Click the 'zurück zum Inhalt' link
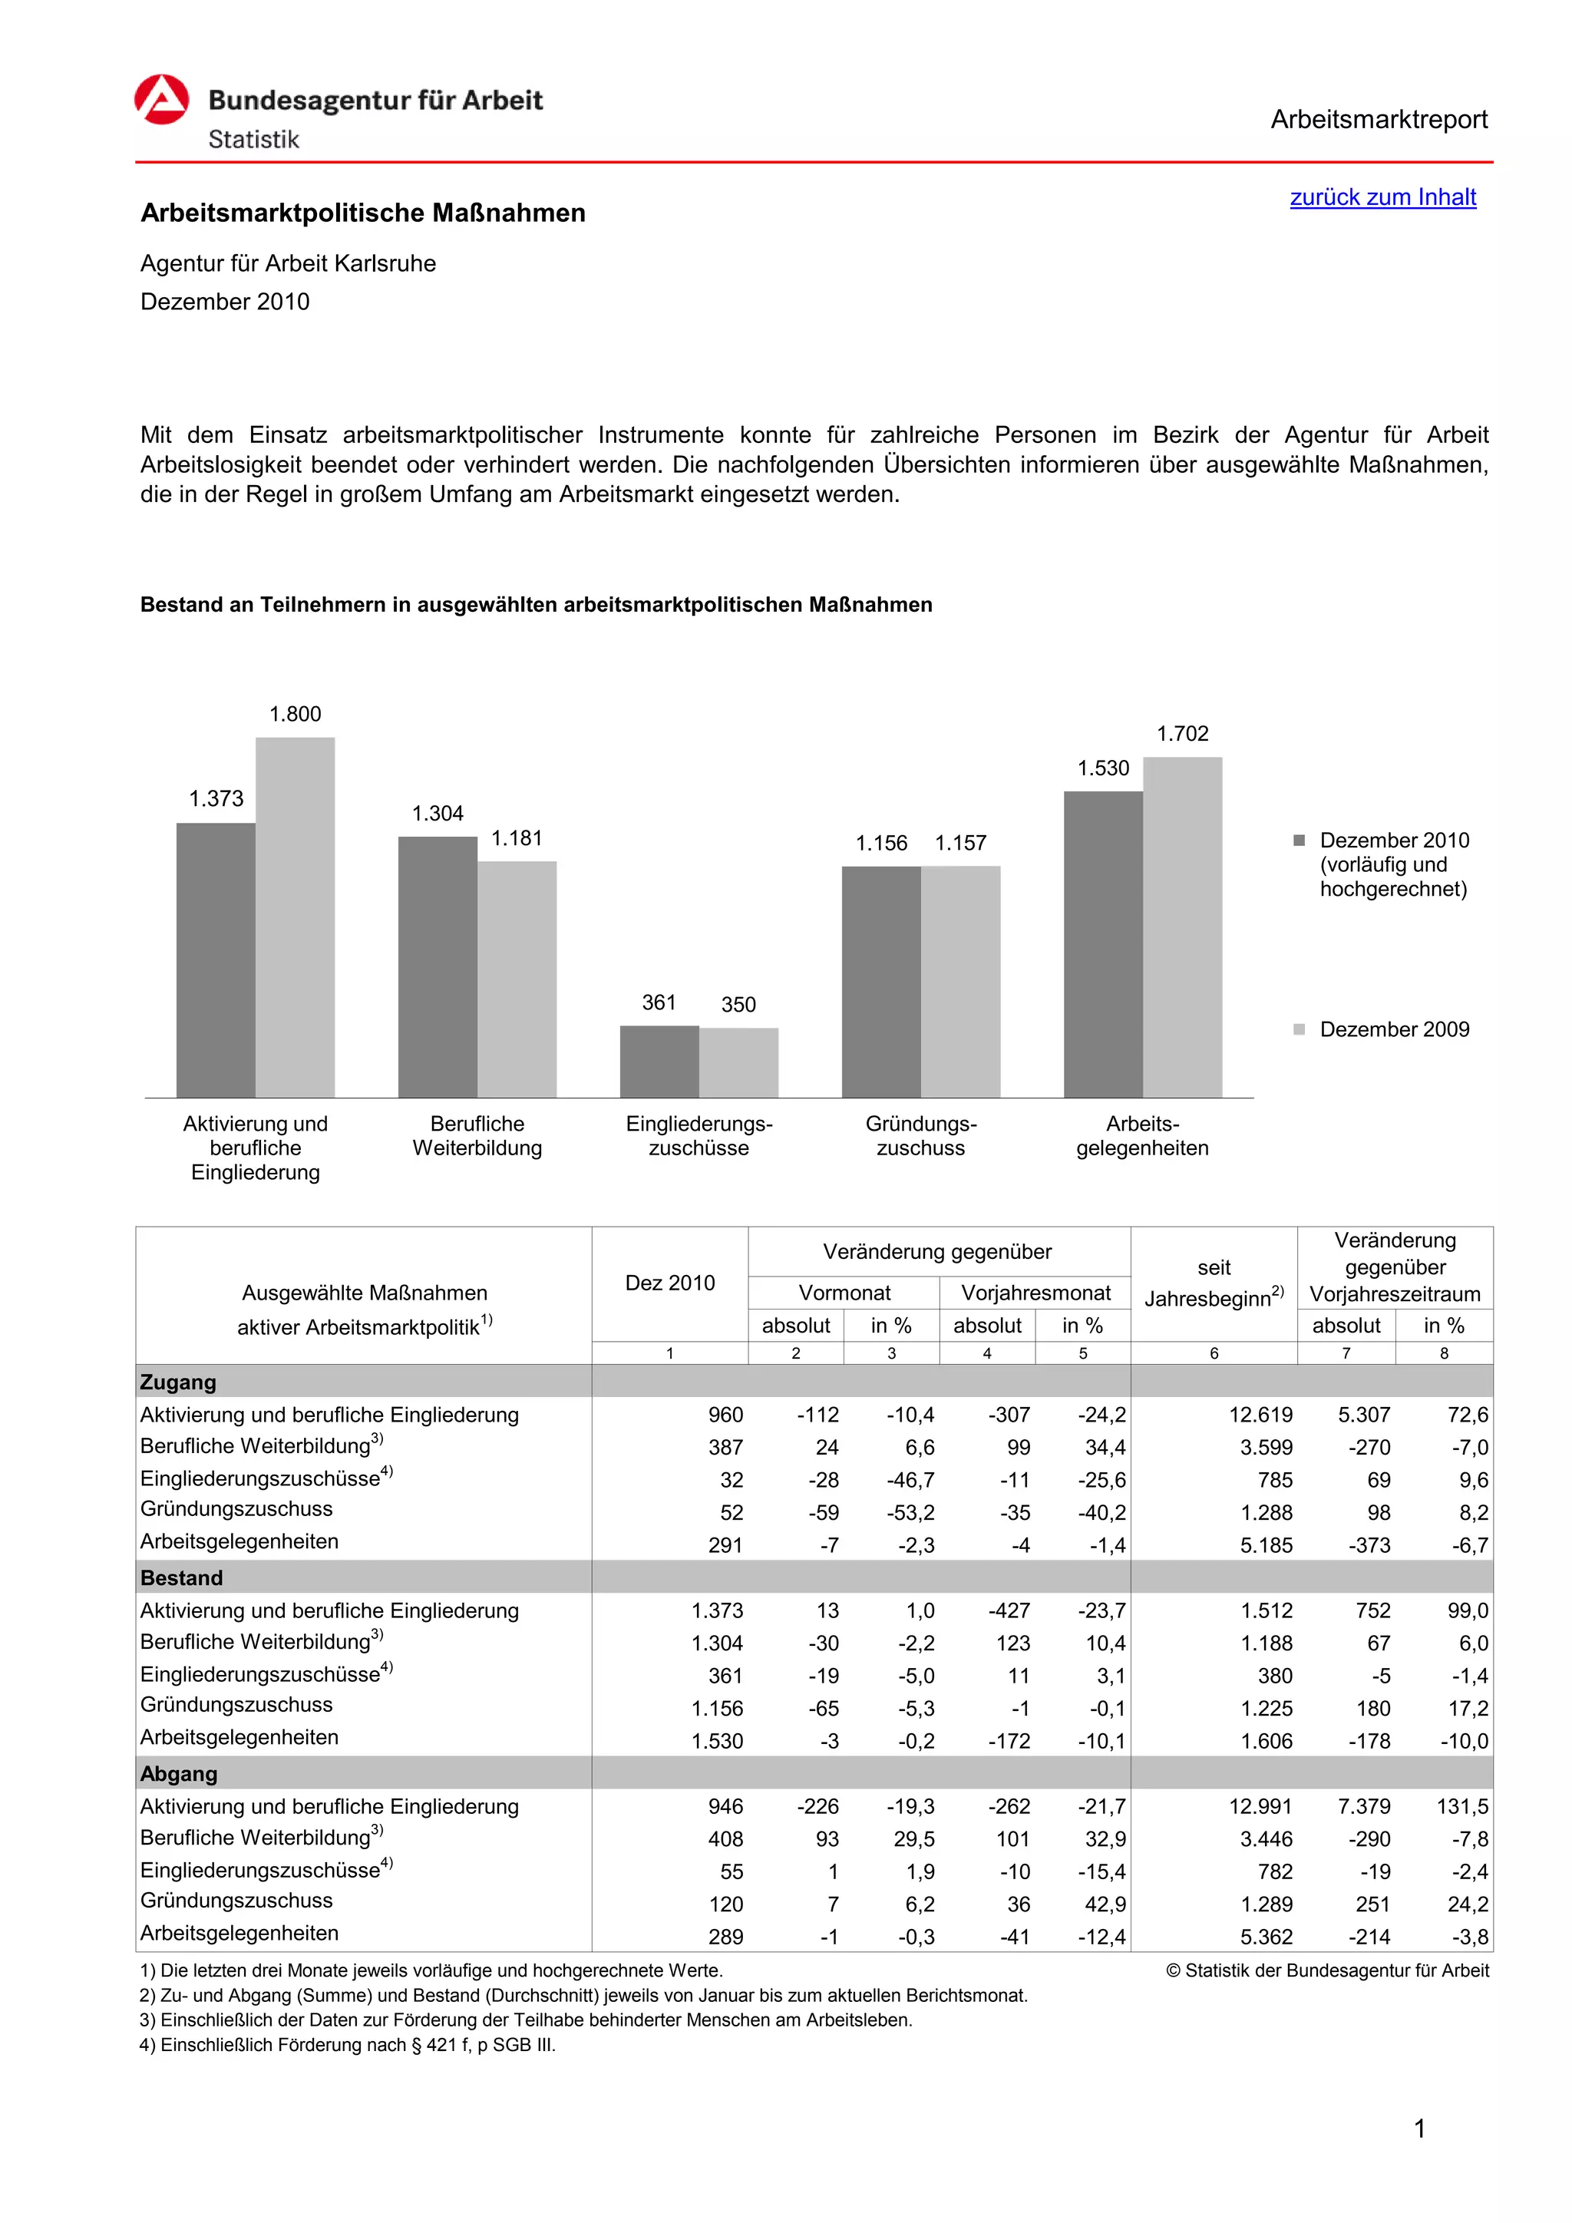tap(1382, 197)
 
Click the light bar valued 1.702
tap(1182, 927)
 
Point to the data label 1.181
tap(517, 838)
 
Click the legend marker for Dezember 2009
tap(1299, 1029)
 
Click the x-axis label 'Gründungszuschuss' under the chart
tap(920, 1136)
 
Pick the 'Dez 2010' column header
tap(670, 1283)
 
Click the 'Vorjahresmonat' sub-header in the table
tap(1035, 1293)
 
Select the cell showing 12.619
tap(1260, 1415)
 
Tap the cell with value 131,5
tap(1461, 1807)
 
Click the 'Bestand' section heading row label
tap(182, 1578)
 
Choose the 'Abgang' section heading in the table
tap(179, 1774)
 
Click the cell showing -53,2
tap(911, 1512)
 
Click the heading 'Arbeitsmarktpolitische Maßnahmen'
tap(363, 213)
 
